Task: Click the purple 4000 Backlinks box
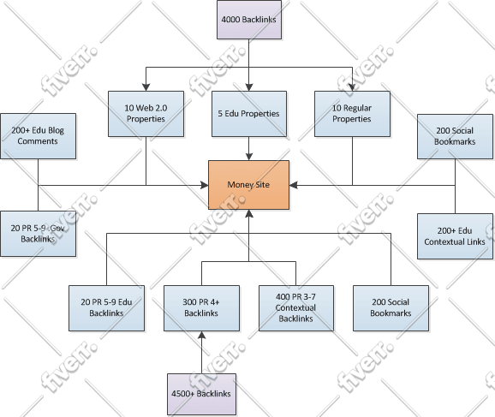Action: (x=248, y=18)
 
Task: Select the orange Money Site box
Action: (x=248, y=183)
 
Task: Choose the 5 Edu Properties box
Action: (x=248, y=114)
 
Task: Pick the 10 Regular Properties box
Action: (x=353, y=114)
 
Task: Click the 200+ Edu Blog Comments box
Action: (x=38, y=135)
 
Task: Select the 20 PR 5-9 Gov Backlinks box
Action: (x=38, y=233)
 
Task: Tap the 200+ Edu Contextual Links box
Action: (x=455, y=236)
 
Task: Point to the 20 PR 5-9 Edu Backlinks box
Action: (x=106, y=308)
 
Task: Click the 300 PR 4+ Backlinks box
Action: (x=201, y=308)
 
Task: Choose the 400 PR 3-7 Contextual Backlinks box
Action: (x=296, y=308)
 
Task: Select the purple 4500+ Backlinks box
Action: (x=201, y=393)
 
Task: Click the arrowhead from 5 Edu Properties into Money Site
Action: (x=248, y=156)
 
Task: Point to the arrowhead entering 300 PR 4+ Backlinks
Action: (x=201, y=335)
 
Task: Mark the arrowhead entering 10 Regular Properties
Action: (x=353, y=86)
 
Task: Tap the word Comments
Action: (x=38, y=140)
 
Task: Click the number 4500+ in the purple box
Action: (x=182, y=393)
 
